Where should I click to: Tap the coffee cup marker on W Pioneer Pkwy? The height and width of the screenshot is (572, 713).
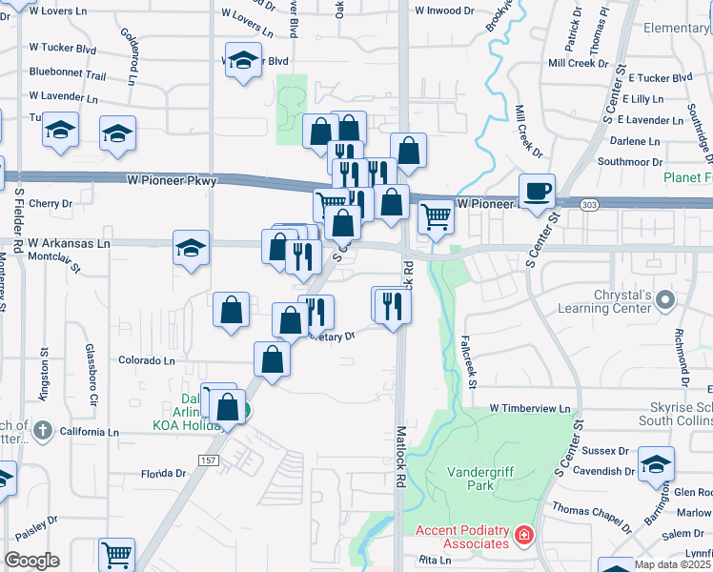coord(537,190)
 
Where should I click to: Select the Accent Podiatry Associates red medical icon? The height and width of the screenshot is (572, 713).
coord(523,537)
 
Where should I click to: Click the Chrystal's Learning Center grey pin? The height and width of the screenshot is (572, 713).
coord(666,301)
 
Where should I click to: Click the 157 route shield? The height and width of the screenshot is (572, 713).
coord(207,460)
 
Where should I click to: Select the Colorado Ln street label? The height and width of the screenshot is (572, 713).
coord(147,361)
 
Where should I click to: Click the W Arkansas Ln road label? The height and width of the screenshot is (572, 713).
coord(70,243)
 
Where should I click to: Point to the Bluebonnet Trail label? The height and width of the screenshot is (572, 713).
coord(67,72)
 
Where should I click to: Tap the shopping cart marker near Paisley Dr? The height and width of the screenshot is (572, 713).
coord(116,554)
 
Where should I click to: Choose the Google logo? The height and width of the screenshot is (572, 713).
coord(31,561)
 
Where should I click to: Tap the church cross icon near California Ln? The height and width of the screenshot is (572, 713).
coord(41,431)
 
